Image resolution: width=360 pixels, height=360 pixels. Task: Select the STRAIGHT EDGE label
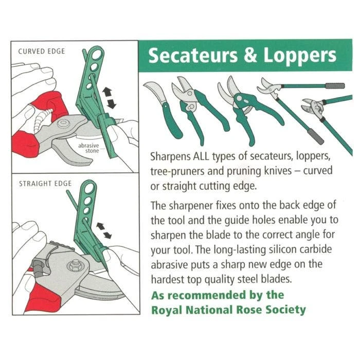[x=45, y=183]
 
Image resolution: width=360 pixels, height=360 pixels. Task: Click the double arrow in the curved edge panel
[x=109, y=97]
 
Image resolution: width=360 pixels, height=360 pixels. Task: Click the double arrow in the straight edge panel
[x=105, y=229]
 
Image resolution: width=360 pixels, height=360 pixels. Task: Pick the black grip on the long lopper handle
[x=313, y=136]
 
